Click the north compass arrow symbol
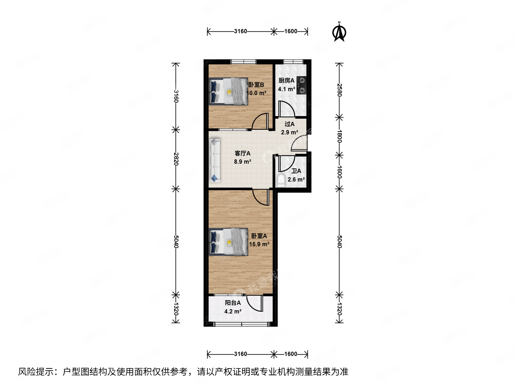(339, 32)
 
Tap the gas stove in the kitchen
(302, 85)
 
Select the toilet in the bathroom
(281, 181)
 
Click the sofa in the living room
(215, 160)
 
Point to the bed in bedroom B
(229, 91)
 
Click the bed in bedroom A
(229, 242)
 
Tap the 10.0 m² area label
(256, 93)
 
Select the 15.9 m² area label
(259, 244)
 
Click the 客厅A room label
(242, 153)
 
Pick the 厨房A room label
(286, 80)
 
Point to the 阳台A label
(233, 303)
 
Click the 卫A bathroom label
(296, 171)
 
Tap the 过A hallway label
(289, 124)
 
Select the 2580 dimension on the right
(340, 90)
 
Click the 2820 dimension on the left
(176, 158)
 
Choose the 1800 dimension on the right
(340, 136)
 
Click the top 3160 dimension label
(240, 31)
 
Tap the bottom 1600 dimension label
(290, 354)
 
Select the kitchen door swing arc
(286, 109)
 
